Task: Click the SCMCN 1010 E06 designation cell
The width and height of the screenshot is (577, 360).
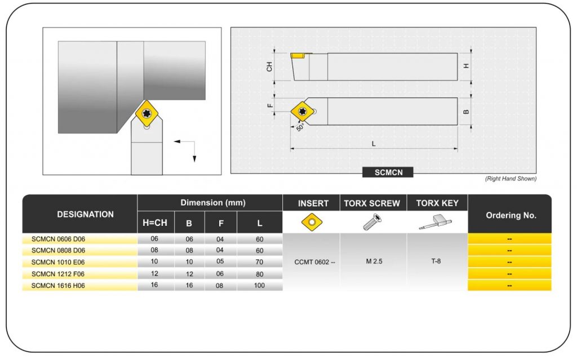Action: (x=58, y=262)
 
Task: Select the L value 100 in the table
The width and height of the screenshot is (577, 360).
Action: (x=259, y=285)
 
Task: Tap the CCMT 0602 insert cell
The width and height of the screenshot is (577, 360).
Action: (x=314, y=262)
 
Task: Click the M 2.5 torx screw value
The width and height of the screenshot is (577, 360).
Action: (x=374, y=261)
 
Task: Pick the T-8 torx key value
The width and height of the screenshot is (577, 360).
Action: (x=436, y=261)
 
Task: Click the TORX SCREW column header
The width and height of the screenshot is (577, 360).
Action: (x=372, y=203)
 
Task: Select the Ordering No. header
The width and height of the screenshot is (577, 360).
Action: (x=511, y=215)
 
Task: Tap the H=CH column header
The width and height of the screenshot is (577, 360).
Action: (x=155, y=223)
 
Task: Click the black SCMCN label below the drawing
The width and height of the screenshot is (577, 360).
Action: (x=388, y=172)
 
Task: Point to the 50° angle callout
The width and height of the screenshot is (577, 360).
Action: (x=300, y=127)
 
